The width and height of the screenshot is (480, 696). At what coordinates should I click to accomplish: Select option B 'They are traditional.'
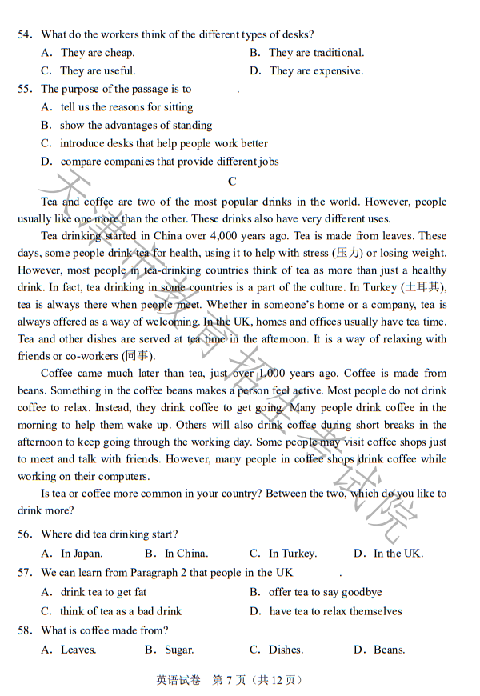click(x=316, y=53)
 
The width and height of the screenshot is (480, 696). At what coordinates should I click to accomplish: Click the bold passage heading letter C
click(x=232, y=182)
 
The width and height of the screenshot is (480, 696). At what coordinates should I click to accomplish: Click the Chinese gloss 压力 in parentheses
click(x=348, y=253)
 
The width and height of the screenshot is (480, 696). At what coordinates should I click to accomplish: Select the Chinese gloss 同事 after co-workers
click(x=138, y=356)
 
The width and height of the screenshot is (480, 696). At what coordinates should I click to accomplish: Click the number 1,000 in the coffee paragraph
click(x=270, y=374)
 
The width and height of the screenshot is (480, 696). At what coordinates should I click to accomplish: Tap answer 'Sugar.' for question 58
click(x=178, y=650)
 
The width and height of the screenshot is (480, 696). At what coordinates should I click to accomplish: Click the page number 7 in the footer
click(x=230, y=681)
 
